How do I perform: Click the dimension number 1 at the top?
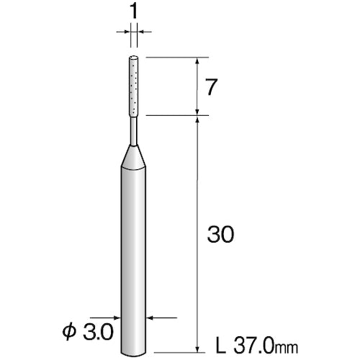133,12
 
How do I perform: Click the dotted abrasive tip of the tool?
133,86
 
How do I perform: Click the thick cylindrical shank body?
133,252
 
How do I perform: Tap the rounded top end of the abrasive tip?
133,59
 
